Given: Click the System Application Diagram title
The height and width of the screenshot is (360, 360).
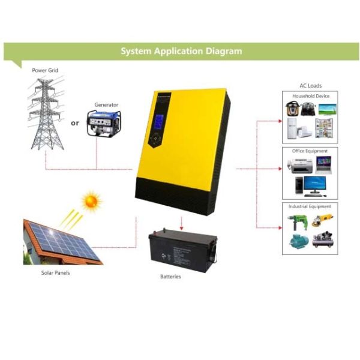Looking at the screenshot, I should pyautogui.click(x=181, y=51).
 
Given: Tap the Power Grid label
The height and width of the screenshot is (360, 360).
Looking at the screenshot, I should pyautogui.click(x=46, y=71).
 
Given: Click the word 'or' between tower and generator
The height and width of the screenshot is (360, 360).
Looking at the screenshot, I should pyautogui.click(x=75, y=123).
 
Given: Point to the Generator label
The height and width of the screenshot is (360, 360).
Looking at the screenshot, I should pyautogui.click(x=106, y=104).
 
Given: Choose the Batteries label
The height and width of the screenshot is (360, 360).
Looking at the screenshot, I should pyautogui.click(x=170, y=277).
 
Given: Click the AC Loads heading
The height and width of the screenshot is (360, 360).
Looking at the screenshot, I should pyautogui.click(x=310, y=86).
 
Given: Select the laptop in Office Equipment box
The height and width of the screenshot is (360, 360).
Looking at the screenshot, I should pyautogui.click(x=324, y=164).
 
